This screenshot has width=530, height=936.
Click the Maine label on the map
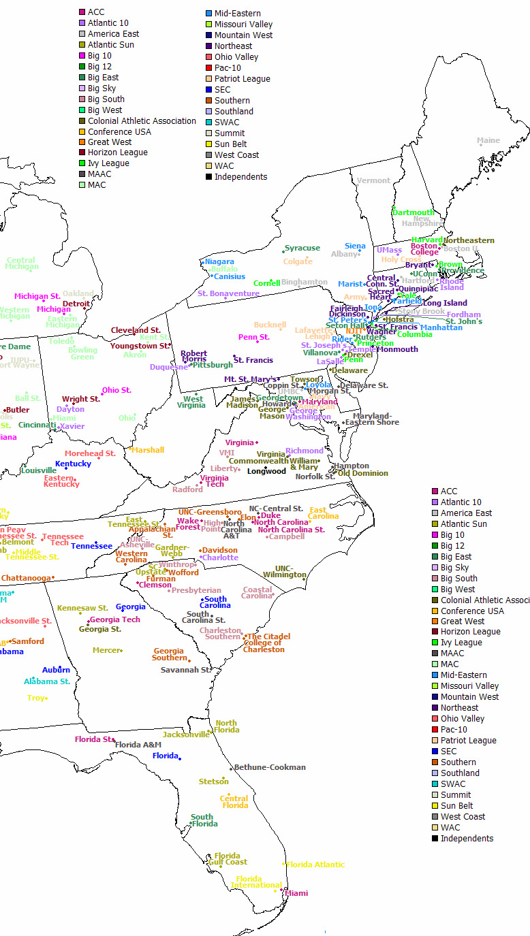(x=488, y=141)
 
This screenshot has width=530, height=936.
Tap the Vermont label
(x=374, y=180)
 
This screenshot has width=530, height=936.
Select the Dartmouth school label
(x=414, y=212)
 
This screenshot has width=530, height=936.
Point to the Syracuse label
(x=302, y=248)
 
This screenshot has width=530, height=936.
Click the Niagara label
(x=219, y=261)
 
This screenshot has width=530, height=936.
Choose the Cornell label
(x=266, y=283)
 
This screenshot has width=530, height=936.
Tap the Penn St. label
(x=253, y=337)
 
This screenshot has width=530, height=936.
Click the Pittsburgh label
(x=213, y=365)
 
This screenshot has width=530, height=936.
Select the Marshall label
(x=148, y=450)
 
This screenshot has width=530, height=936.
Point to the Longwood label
(x=266, y=471)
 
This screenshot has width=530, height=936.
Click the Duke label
(x=270, y=516)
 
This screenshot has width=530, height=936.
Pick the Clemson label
(x=156, y=585)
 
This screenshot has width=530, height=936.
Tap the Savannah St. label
(x=186, y=670)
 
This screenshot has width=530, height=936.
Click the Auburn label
(x=56, y=670)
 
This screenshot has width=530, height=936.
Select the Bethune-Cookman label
(x=270, y=767)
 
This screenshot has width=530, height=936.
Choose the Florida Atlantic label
(x=315, y=865)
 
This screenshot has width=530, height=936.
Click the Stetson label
(x=213, y=781)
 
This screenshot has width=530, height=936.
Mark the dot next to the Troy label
(x=46, y=698)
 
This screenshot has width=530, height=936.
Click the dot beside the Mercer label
(x=121, y=651)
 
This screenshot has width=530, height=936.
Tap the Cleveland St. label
(x=136, y=330)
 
